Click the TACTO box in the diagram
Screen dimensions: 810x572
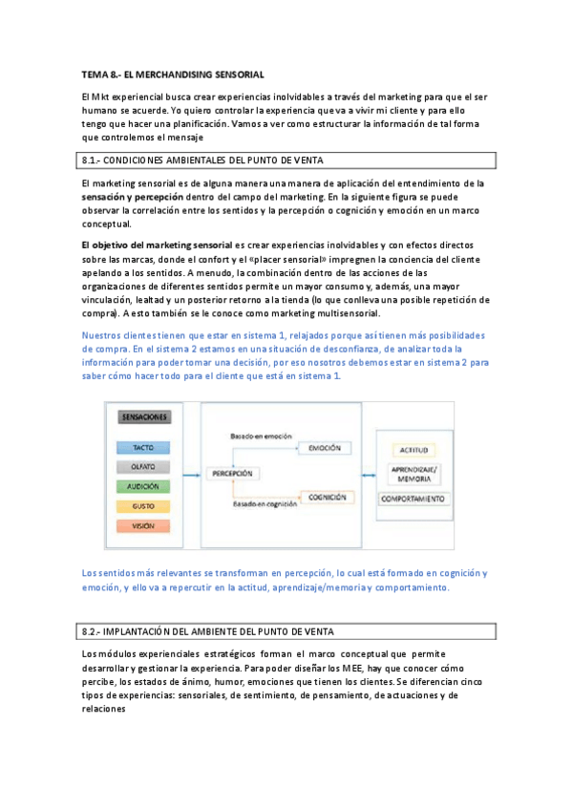tap(145, 447)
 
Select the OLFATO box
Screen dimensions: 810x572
tap(145, 467)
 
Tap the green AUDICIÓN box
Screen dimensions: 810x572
tap(145, 486)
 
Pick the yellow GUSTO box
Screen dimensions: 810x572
tap(145, 506)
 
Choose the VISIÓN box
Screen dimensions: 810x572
tap(145, 525)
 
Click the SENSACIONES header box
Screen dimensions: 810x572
tap(145, 417)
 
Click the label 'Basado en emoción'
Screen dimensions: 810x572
tap(260, 436)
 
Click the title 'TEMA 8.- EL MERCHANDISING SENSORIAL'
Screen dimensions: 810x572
tap(173, 74)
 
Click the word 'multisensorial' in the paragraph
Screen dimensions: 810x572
tap(350, 313)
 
